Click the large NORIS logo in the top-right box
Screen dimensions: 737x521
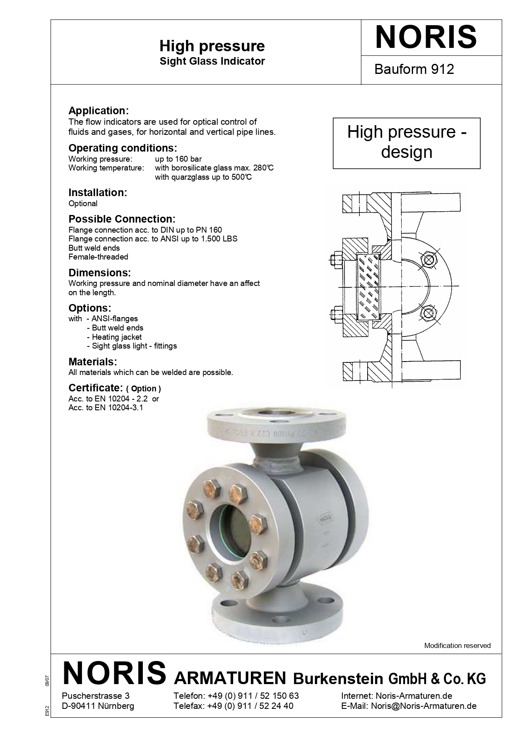(426, 37)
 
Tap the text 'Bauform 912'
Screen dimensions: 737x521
(414, 69)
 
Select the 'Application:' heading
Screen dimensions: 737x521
(98, 110)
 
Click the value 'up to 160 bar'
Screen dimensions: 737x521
(178, 159)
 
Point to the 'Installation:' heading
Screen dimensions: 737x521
(97, 192)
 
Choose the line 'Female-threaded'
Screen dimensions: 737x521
(98, 257)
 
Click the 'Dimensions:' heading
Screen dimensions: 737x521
(100, 273)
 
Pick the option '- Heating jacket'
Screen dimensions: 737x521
(114, 337)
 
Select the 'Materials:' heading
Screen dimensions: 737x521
(92, 362)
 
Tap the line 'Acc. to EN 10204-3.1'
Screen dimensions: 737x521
(106, 407)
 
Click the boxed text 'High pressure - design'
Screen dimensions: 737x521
(406, 142)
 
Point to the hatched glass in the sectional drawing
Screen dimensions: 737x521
(368, 286)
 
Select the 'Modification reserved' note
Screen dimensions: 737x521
(457, 645)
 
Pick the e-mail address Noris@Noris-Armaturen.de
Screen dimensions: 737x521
(424, 706)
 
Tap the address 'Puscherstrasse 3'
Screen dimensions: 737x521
(92, 695)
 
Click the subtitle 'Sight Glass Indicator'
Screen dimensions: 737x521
(212, 61)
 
